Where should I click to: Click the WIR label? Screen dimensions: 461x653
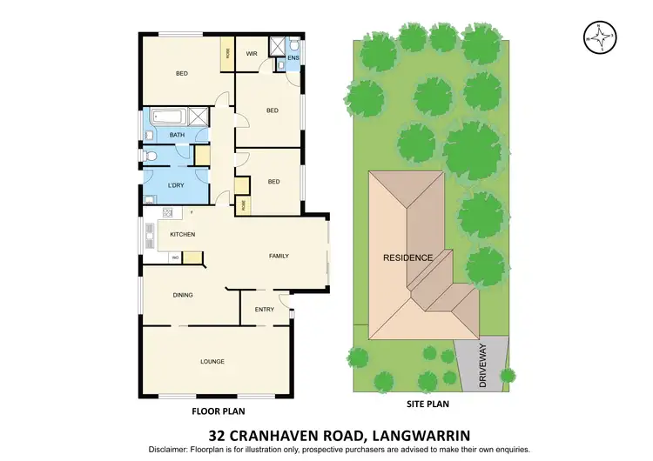[251, 54]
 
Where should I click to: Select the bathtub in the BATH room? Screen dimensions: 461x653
[170, 117]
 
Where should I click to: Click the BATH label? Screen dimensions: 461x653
[177, 135]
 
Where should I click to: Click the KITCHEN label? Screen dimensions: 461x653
[182, 234]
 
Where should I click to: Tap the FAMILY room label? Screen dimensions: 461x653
[279, 256]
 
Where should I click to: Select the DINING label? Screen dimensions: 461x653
[182, 296]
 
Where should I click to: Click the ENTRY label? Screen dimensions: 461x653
[264, 309]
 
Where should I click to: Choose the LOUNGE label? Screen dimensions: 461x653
[212, 361]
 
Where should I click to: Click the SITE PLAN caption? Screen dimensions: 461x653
[432, 404]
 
